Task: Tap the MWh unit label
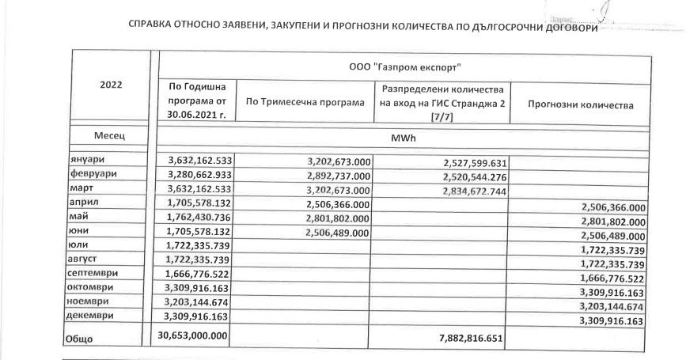(403, 136)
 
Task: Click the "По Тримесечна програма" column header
(305, 103)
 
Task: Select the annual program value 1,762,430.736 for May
(195, 218)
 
